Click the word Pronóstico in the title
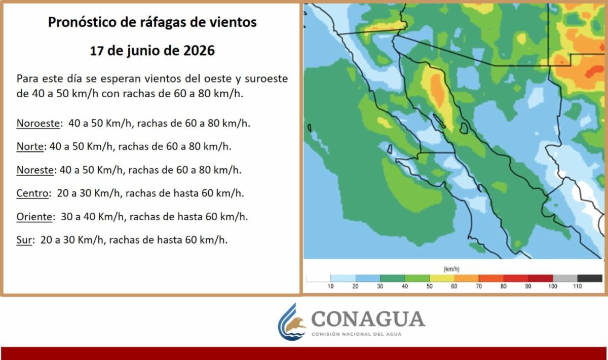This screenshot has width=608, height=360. click(x=83, y=22)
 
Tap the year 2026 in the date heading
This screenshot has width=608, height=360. click(x=199, y=51)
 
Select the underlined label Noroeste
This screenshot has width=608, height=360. click(x=38, y=124)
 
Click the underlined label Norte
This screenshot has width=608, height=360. click(x=30, y=146)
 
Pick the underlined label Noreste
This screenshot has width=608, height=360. click(x=35, y=170)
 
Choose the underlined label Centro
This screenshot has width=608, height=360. click(x=32, y=193)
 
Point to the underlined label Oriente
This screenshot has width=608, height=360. click(x=34, y=217)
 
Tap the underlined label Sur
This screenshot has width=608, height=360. click(x=24, y=240)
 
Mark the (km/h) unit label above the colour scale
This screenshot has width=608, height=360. click(x=451, y=269)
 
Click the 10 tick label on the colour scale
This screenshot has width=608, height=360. click(x=330, y=286)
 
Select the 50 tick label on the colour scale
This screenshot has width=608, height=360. click(x=429, y=286)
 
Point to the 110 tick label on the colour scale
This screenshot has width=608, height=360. click(x=577, y=286)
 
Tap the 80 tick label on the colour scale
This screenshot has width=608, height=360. click(x=503, y=286)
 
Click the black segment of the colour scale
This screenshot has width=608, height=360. click(x=590, y=278)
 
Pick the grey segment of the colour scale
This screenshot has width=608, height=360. click(x=565, y=278)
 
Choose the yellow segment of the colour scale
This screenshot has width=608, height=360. click(x=442, y=278)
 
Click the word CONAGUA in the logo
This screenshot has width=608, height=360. click(x=368, y=319)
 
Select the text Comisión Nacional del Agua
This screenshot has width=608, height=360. click(x=356, y=334)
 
